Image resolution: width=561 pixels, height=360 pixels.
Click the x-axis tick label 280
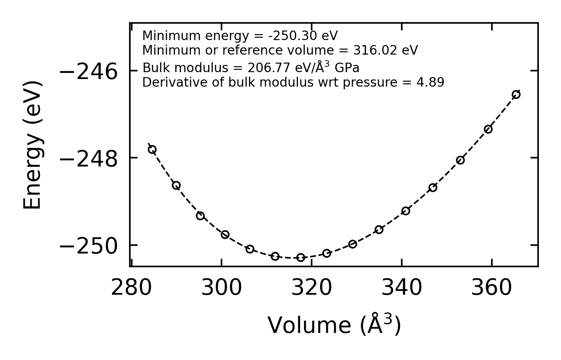[x=131, y=288]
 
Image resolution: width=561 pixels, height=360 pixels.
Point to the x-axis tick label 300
[x=221, y=288]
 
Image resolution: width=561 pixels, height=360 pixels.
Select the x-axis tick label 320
[x=312, y=288]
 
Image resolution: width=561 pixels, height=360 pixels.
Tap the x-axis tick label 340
[x=402, y=288]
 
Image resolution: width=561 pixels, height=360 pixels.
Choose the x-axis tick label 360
[x=491, y=288]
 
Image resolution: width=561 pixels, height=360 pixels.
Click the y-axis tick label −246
[x=89, y=72]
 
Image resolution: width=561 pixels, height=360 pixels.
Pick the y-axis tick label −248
[x=89, y=159]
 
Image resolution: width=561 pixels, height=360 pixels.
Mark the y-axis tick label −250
[x=89, y=246]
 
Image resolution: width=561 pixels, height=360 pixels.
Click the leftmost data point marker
[x=152, y=149]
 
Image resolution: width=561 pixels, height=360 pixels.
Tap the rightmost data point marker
[x=516, y=95]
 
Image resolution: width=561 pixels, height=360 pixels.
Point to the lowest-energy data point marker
[x=301, y=257]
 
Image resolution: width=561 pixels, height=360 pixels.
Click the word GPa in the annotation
[x=347, y=68]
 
